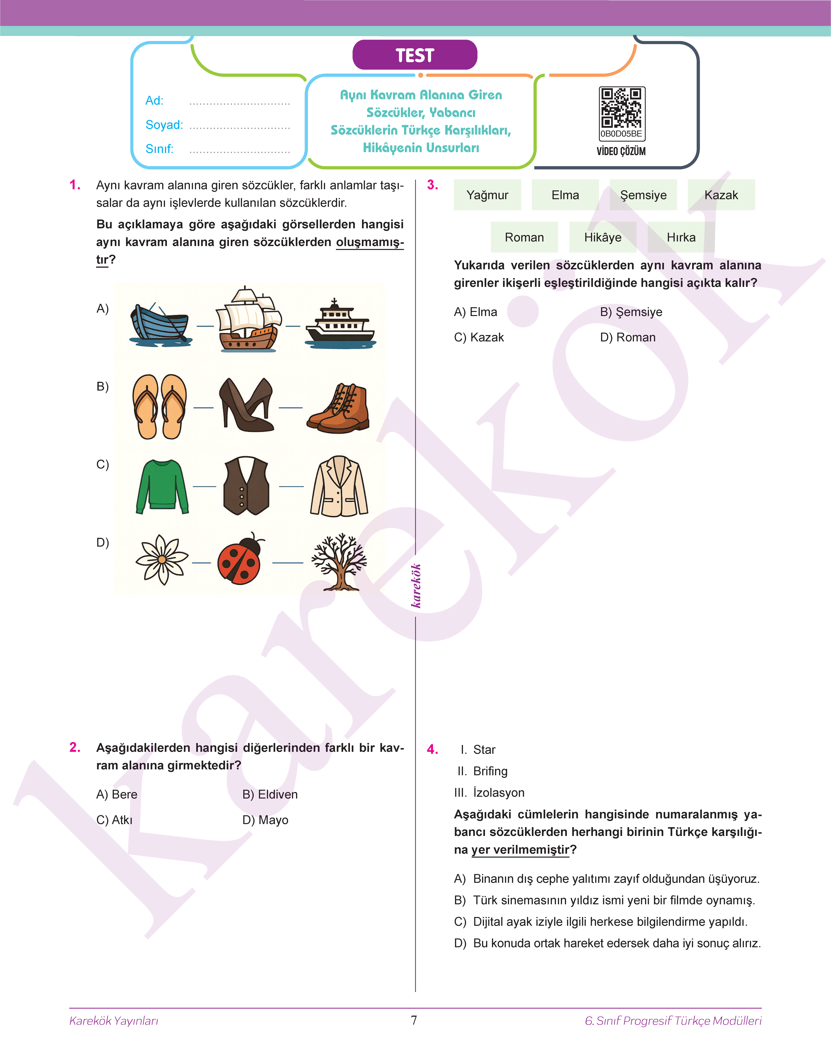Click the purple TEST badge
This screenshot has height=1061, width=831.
pos(415,55)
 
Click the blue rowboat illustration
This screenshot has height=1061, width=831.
pos(160,324)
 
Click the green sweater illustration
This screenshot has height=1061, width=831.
pos(162,486)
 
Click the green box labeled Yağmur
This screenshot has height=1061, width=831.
pos(487,195)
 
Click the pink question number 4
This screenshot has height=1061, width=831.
pos(432,749)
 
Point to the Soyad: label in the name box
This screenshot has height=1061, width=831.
pos(164,125)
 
